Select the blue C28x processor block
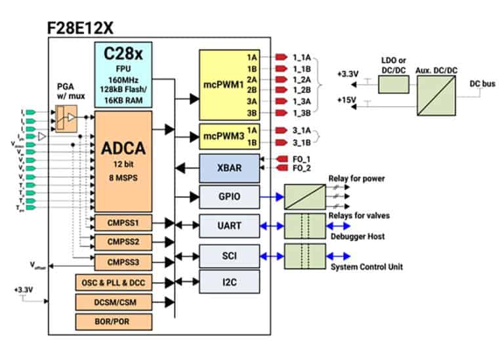[x=123, y=74]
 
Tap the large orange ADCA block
[x=123, y=161]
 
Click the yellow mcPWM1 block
[x=229, y=84]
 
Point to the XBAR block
[x=229, y=167]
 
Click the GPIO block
[x=229, y=195]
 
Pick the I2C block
[x=229, y=283]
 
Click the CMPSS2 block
[x=123, y=242]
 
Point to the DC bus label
[x=482, y=84]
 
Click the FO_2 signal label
[x=301, y=169]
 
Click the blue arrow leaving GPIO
[x=272, y=195]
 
